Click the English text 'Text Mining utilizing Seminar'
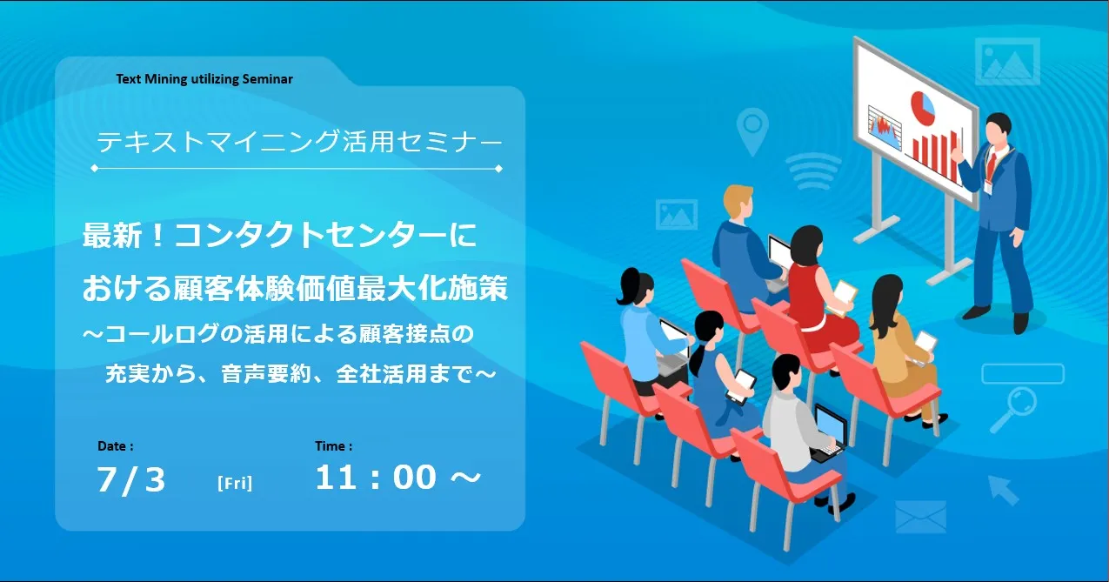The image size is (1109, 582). pyautogui.click(x=204, y=79)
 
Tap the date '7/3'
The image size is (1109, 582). pyautogui.click(x=131, y=480)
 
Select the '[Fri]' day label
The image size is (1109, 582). pyautogui.click(x=235, y=483)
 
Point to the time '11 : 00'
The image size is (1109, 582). pyautogui.click(x=376, y=478)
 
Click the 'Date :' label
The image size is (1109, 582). pyautogui.click(x=116, y=446)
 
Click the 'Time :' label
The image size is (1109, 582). pyautogui.click(x=334, y=446)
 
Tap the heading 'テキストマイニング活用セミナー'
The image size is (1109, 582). pyautogui.click(x=299, y=141)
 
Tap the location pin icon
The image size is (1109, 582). pyautogui.click(x=752, y=131)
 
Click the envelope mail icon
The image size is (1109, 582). pyautogui.click(x=921, y=517)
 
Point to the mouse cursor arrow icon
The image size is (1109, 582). pyautogui.click(x=1004, y=490)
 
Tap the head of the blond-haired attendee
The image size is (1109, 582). pyautogui.click(x=738, y=202)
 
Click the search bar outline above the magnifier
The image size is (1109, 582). pyautogui.click(x=1023, y=374)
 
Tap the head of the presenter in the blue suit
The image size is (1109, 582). pyautogui.click(x=998, y=130)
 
